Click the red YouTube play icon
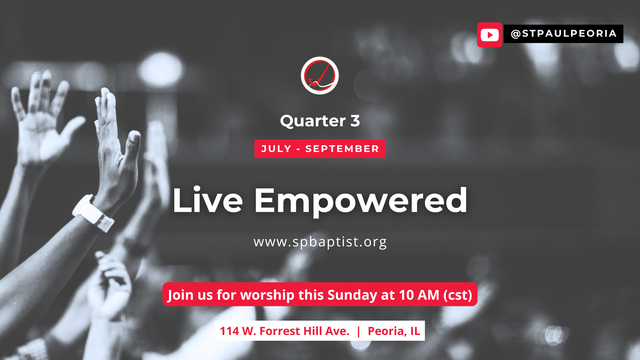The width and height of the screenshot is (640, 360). click(490, 35)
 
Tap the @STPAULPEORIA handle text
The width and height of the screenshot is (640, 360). click(564, 34)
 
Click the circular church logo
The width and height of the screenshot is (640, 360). click(320, 75)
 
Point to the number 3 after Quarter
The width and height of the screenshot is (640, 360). click(355, 121)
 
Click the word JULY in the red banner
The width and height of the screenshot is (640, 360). click(276, 149)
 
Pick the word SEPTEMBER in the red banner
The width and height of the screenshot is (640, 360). click(342, 149)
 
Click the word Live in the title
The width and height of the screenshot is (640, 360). click(207, 200)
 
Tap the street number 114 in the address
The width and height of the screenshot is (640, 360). click(229, 331)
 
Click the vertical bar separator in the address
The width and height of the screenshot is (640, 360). click(358, 331)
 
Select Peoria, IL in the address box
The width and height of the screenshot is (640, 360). click(394, 331)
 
